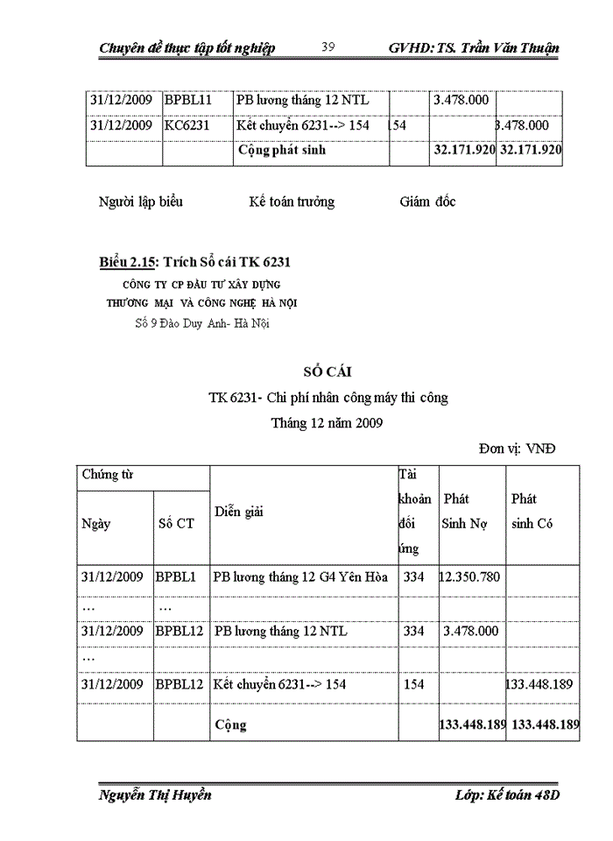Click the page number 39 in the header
[x=328, y=47]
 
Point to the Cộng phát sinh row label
[x=281, y=150]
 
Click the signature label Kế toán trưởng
[x=292, y=202]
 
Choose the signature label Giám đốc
[x=427, y=202]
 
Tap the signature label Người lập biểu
[x=141, y=202]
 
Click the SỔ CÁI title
[x=328, y=372]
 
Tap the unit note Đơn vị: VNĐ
[x=517, y=449]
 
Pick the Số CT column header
[x=177, y=524]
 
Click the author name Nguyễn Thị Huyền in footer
[x=155, y=795]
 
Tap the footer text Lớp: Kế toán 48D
[x=507, y=795]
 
